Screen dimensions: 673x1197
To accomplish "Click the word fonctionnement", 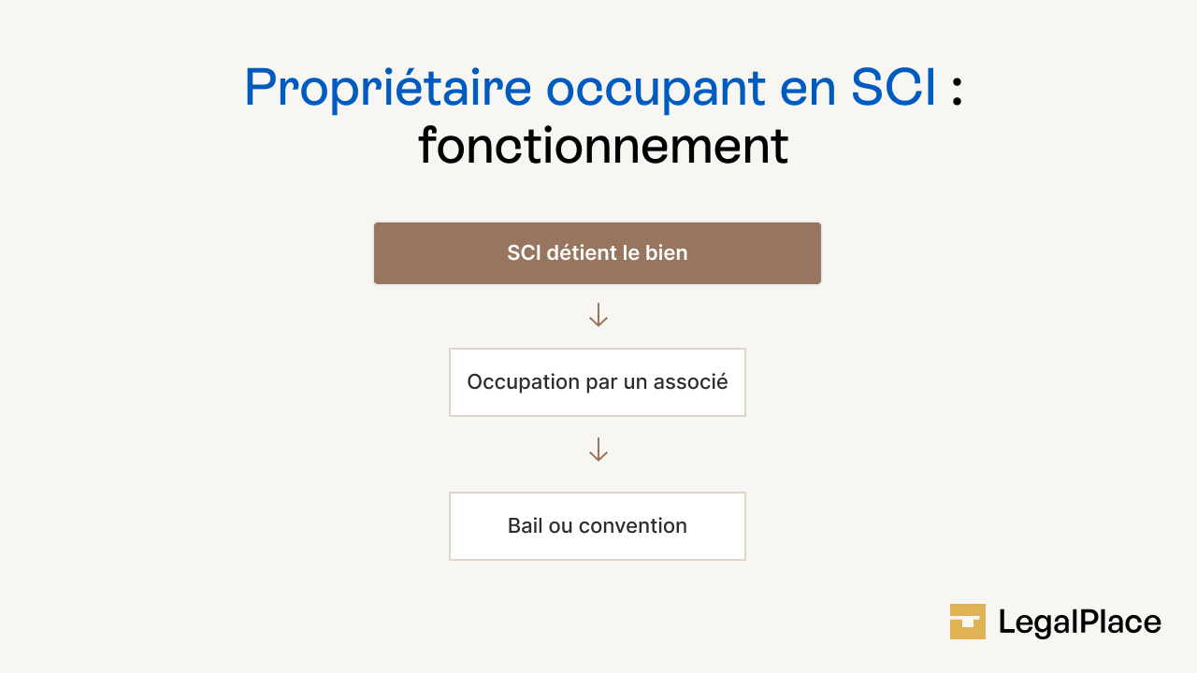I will [603, 147].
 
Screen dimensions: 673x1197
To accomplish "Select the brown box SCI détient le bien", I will [598, 253].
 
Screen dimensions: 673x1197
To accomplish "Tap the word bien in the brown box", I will [667, 253].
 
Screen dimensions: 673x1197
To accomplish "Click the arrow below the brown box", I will [598, 315].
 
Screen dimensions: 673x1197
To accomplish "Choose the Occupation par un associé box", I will [598, 382].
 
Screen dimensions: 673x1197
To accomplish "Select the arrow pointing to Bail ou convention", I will [598, 450].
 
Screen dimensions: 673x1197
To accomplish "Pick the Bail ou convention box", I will [598, 526].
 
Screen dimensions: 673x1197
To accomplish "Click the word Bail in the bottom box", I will [524, 526].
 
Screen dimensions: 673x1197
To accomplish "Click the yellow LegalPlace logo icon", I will [968, 622].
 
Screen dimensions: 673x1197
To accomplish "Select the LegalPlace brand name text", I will [1079, 623].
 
